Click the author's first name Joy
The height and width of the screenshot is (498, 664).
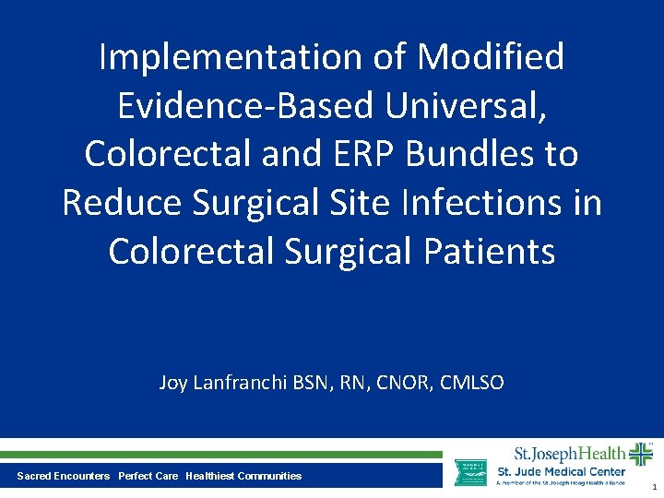[173, 383]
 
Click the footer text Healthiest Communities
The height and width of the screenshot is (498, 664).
[243, 476]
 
